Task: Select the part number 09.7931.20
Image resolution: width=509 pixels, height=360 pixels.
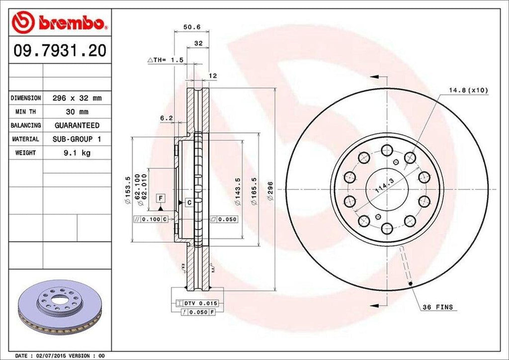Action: click(59, 51)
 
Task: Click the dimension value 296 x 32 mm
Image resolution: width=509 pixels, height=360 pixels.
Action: click(77, 98)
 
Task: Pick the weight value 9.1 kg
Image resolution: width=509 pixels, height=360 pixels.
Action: click(77, 153)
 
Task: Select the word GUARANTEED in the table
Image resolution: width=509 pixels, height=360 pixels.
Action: click(77, 125)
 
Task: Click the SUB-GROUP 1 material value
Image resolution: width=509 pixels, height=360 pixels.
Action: click(77, 139)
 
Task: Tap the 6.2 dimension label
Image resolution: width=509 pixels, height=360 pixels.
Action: click(167, 118)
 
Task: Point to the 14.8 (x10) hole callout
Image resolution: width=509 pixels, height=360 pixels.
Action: click(468, 90)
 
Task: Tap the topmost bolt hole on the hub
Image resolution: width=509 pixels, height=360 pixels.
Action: click(386, 150)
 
